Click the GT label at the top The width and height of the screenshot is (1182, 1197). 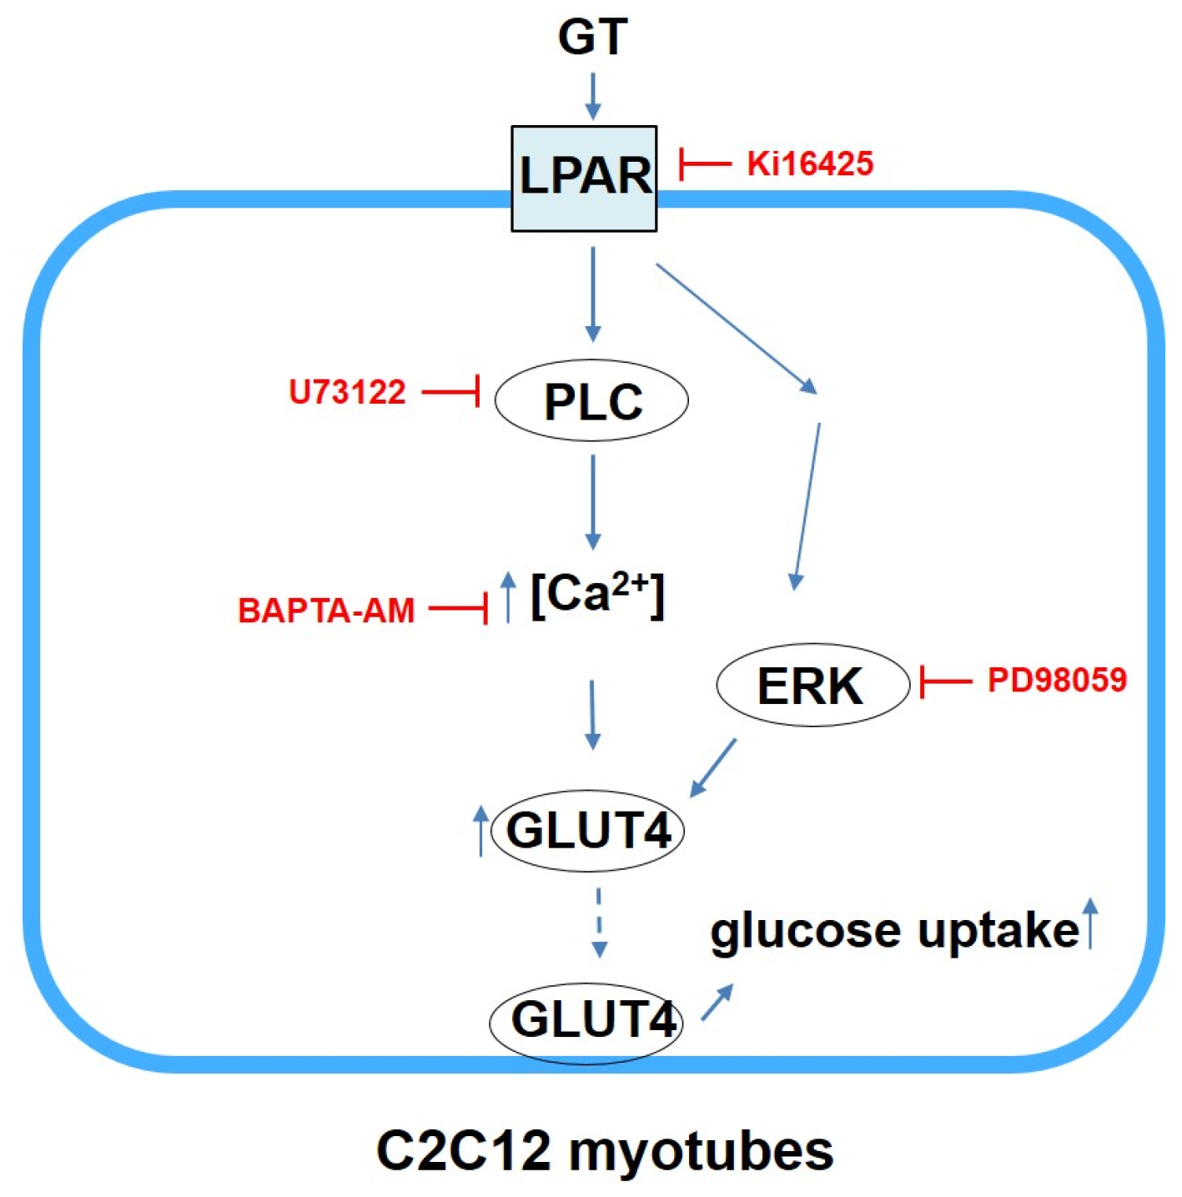click(x=591, y=38)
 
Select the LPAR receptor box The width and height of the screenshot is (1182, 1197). click(x=584, y=178)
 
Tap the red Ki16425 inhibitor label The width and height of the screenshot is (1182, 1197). click(x=810, y=163)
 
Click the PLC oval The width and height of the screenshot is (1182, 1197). click(x=591, y=401)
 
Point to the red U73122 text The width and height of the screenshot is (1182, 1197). click(x=347, y=392)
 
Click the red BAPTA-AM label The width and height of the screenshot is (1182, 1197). click(x=326, y=611)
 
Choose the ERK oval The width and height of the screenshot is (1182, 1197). click(x=812, y=685)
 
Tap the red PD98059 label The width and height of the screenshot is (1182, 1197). click(x=1057, y=680)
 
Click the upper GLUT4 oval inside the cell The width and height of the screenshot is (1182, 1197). click(x=588, y=831)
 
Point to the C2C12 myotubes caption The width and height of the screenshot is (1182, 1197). click(x=605, y=1151)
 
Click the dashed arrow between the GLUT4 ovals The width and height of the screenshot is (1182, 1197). click(x=598, y=923)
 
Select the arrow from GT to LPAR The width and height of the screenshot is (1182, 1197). click(x=592, y=96)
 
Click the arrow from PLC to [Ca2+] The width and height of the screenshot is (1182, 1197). click(x=592, y=501)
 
